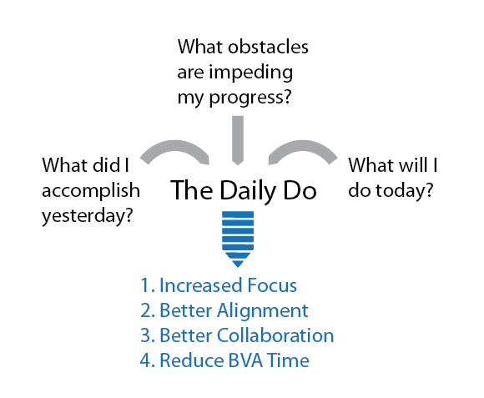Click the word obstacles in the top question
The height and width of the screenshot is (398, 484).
[268, 47]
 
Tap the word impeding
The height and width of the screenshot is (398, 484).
[251, 73]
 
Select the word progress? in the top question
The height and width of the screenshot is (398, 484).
[250, 98]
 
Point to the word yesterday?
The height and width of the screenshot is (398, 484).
[88, 216]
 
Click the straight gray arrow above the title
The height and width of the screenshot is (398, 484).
[238, 140]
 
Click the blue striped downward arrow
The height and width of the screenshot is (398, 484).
[238, 239]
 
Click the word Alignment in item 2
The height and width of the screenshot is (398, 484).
[262, 310]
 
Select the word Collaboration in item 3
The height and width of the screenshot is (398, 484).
[275, 335]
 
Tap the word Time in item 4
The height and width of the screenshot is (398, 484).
[288, 360]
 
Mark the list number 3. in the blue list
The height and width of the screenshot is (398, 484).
[147, 335]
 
